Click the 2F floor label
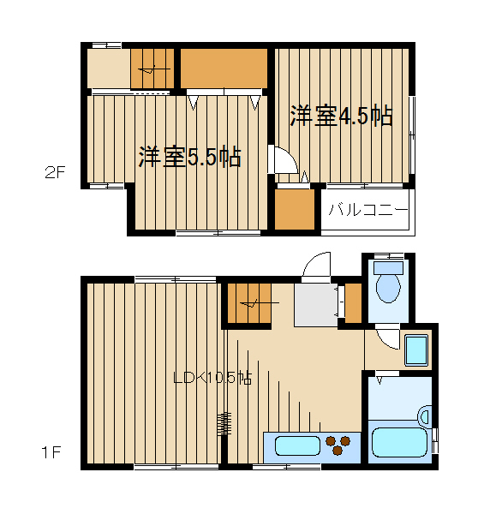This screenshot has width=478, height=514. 55,171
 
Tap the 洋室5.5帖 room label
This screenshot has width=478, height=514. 189,158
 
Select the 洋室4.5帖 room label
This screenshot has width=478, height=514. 341,117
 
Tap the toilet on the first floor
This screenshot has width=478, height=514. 388,286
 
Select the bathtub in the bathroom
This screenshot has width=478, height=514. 399,440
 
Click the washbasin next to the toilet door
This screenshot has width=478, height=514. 415,350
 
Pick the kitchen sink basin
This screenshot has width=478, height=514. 296,445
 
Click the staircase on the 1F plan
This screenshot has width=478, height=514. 248,303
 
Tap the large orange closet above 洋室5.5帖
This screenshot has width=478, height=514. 225,69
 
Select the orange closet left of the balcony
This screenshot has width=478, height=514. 294,209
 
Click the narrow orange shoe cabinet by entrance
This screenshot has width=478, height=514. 353,302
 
